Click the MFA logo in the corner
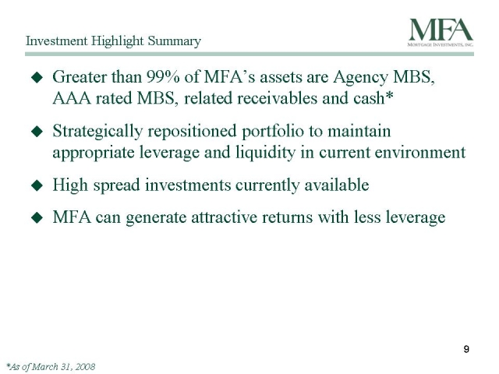click(441, 33)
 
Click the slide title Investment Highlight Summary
click(113, 41)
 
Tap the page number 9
click(466, 349)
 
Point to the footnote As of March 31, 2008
click(51, 367)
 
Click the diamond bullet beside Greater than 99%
click(37, 77)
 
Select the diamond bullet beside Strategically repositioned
click(37, 132)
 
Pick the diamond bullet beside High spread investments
click(37, 185)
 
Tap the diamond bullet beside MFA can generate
click(37, 217)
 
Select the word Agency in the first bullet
click(361, 78)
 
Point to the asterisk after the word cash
click(389, 95)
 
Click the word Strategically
click(97, 132)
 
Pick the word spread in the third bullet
click(116, 186)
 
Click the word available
click(337, 185)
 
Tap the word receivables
click(250, 98)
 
